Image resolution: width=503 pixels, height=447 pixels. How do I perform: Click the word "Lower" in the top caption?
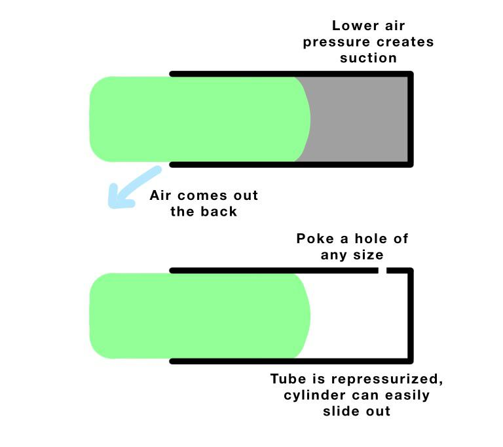tap(355, 26)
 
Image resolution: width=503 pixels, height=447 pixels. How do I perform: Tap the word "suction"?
tap(368, 58)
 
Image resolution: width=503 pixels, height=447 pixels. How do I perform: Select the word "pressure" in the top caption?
tap(337, 43)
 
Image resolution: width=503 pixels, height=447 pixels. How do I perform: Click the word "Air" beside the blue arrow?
tap(160, 195)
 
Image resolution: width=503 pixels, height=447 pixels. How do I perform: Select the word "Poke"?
tap(315, 239)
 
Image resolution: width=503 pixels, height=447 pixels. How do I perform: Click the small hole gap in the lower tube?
tap(382, 271)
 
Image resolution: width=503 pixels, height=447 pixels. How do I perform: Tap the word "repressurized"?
tap(387, 379)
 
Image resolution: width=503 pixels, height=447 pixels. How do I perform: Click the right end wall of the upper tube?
tap(411, 119)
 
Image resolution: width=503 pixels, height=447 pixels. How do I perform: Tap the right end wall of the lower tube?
tap(411, 316)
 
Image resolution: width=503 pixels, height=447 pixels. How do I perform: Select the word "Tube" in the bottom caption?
tap(288, 379)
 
